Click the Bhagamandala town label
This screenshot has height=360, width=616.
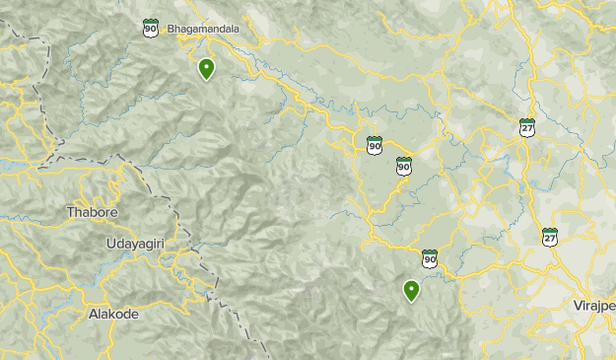click(204, 29)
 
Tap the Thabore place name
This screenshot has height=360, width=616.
click(92, 212)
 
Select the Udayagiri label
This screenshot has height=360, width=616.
click(138, 243)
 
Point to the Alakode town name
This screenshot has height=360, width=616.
click(113, 314)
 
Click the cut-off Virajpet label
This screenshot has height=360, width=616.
click(593, 307)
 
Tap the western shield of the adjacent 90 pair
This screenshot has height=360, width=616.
click(375, 146)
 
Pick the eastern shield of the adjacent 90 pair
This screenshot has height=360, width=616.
click(404, 166)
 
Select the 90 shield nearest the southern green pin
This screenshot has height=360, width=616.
click(430, 258)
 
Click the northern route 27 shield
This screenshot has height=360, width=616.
click(528, 127)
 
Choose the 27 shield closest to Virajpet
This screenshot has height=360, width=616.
click(550, 237)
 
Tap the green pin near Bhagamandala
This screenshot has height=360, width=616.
click(206, 70)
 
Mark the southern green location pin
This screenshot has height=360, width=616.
click(411, 291)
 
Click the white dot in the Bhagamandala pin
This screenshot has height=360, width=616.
click(206, 67)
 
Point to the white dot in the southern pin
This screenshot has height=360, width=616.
click(411, 288)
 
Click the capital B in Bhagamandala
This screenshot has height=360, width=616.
click(171, 29)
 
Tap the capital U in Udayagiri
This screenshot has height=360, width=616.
click(108, 243)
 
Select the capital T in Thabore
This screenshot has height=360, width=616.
click(70, 212)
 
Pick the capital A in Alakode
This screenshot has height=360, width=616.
click(92, 314)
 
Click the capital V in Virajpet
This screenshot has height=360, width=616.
click(577, 307)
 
